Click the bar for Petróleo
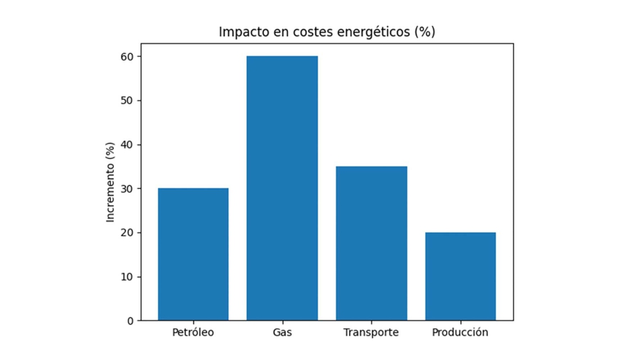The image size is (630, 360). point(193,254)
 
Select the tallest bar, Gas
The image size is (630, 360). point(282,188)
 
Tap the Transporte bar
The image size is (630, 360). point(371,243)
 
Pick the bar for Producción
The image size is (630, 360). point(460,276)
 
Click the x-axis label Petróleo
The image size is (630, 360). point(193,332)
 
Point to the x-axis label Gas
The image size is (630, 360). point(282,332)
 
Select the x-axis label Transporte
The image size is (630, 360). point(371,332)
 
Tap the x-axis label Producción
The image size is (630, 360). point(460,332)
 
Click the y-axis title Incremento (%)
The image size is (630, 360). point(110,183)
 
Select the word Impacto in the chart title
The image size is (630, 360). point(241,32)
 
